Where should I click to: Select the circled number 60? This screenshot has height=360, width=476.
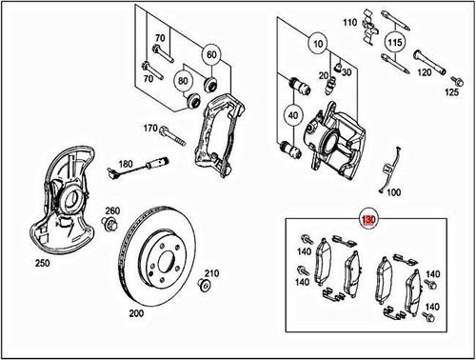click(x=210, y=53)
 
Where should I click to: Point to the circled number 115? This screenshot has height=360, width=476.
click(x=393, y=42)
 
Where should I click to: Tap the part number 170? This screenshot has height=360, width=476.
click(x=149, y=128)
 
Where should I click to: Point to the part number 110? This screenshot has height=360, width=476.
click(x=348, y=21)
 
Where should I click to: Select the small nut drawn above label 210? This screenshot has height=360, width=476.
click(x=203, y=285)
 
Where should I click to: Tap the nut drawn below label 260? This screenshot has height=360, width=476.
click(x=109, y=225)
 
